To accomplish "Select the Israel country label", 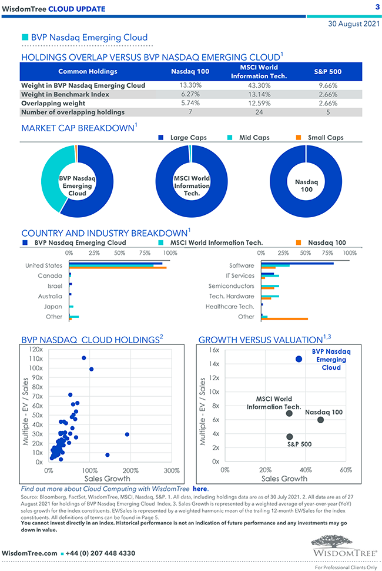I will (x=55, y=285).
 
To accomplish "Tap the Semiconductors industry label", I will (x=232, y=285).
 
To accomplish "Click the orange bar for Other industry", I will (x=284, y=319).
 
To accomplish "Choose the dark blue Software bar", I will (x=297, y=263).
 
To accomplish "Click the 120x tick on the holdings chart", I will (x=36, y=349).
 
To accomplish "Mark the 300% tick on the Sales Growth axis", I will (x=171, y=471).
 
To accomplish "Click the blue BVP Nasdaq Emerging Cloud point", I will (x=299, y=358).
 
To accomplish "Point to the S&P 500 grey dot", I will (x=289, y=437).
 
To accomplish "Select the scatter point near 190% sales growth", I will (x=127, y=434).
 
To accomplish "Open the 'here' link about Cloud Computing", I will (x=200, y=489).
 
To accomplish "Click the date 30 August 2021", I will (x=353, y=24).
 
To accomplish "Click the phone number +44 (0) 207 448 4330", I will (x=102, y=553).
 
